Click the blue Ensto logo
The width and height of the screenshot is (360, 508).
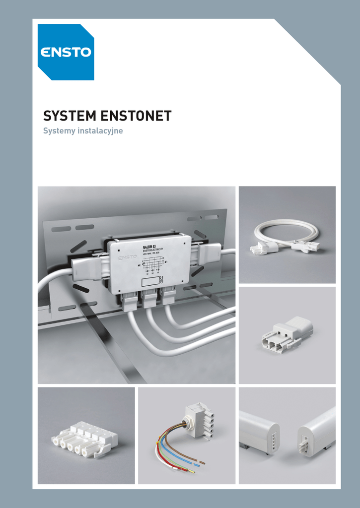pos(66,52)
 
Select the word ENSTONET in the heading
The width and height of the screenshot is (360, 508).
pos(136,116)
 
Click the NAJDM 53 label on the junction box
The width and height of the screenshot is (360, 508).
pos(149,247)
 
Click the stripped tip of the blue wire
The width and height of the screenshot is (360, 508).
pos(197,466)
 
